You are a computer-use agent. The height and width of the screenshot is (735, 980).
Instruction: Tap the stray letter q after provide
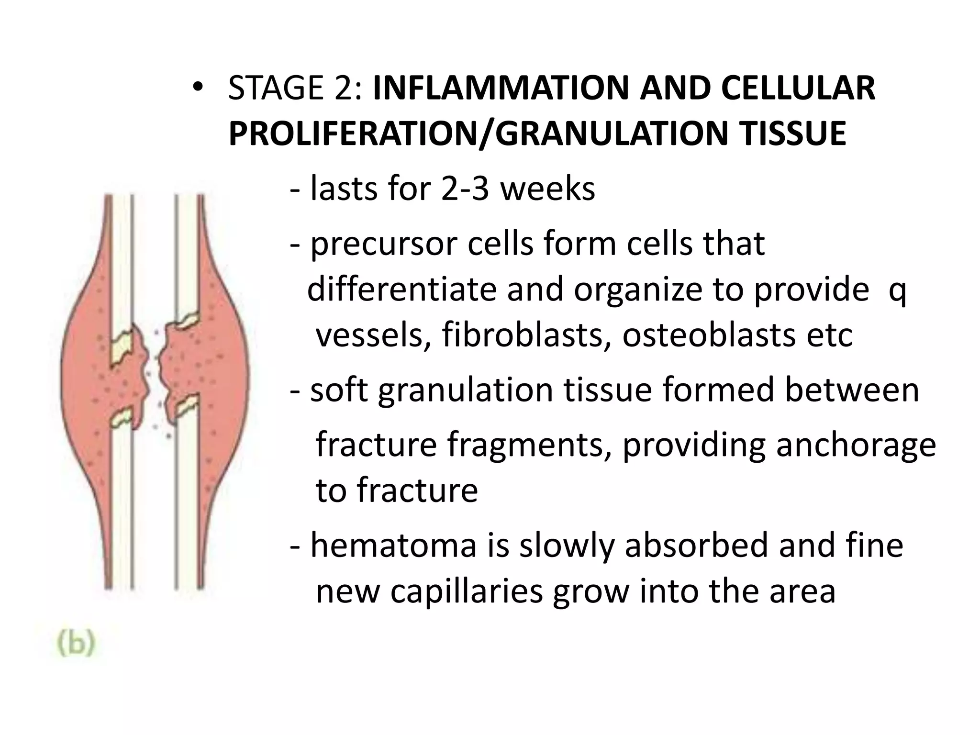click(897, 291)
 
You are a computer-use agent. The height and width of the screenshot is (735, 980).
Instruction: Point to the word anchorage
click(856, 445)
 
